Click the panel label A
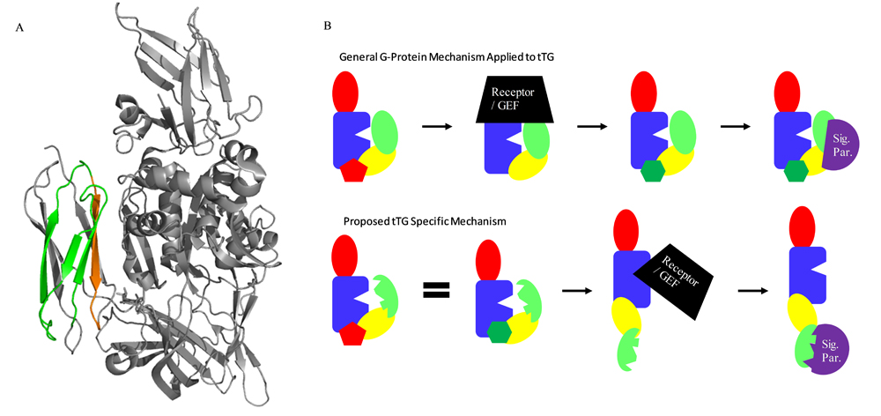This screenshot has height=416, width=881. click(20, 27)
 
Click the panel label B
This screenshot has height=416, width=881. click(328, 27)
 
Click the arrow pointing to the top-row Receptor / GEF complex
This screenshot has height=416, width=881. click(437, 126)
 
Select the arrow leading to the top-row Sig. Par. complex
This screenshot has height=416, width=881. click(736, 126)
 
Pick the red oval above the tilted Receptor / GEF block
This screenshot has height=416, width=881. click(627, 230)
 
